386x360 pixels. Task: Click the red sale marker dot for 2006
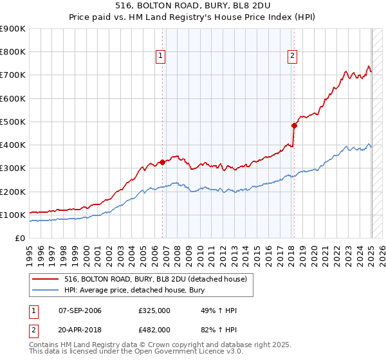click(x=162, y=162)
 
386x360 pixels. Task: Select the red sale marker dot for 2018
click(x=294, y=125)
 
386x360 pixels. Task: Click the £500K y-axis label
click(x=13, y=122)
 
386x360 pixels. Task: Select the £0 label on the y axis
click(x=19, y=238)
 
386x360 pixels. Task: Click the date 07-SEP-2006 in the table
click(x=79, y=311)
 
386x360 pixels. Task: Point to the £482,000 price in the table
click(x=154, y=329)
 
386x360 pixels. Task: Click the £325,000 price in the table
click(x=154, y=311)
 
